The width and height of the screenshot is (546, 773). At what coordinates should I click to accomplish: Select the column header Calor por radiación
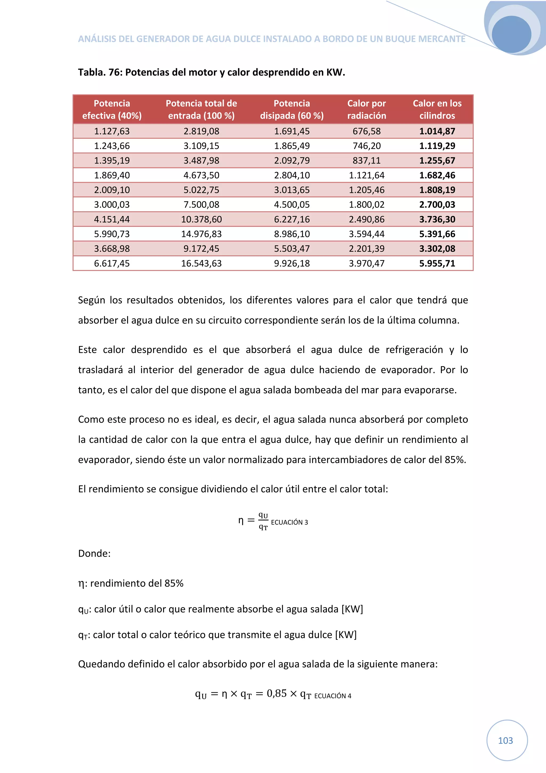(366, 109)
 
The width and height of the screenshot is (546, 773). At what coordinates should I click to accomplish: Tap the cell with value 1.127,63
(112, 131)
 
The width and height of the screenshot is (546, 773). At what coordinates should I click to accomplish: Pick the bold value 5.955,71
(437, 263)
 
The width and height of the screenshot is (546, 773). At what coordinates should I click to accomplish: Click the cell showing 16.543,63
(201, 263)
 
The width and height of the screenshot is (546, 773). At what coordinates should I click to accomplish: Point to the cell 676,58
(366, 131)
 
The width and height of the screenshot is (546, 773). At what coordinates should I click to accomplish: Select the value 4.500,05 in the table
(292, 205)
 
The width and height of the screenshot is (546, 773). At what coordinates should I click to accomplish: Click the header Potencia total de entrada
(201, 109)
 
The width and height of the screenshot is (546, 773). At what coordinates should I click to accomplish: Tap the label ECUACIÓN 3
(289, 522)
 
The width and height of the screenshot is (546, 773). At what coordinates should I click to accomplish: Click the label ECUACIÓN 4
(333, 696)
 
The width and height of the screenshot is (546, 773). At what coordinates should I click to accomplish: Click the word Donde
(94, 553)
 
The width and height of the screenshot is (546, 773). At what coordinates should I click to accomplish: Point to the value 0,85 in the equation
(276, 694)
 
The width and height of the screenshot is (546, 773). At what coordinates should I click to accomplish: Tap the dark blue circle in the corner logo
(511, 34)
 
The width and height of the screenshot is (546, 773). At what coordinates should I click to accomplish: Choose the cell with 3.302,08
(437, 249)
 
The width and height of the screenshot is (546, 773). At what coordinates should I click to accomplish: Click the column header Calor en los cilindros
(437, 109)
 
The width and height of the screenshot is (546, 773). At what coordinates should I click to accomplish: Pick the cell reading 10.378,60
(201, 220)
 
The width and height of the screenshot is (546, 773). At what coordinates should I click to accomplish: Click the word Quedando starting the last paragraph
(100, 664)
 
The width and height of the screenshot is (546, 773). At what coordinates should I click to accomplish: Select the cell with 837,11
(366, 161)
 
